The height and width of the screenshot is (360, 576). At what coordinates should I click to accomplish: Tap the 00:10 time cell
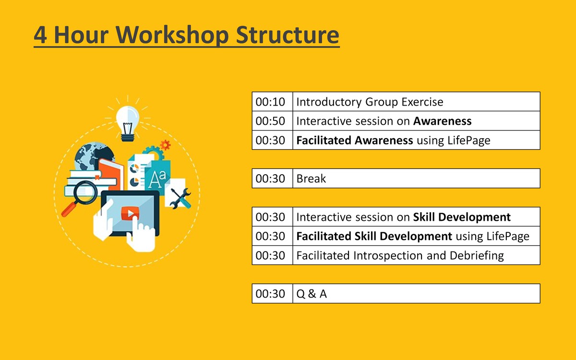pos(272,102)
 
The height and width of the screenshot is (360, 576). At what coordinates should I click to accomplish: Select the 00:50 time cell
pos(272,121)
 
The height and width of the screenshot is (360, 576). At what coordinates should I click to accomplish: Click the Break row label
pos(311,179)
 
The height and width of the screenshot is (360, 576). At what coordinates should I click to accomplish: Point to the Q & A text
pos(312,294)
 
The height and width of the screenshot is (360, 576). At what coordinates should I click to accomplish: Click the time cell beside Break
pos(272,179)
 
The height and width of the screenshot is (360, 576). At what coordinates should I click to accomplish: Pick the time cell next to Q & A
pos(272,294)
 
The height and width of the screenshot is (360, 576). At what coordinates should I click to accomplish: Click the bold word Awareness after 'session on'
pos(442,121)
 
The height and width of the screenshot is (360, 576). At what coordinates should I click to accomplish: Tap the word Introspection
pos(388,255)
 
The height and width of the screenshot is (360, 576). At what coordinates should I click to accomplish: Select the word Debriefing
pos(477,255)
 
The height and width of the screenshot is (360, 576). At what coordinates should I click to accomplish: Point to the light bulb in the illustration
pos(128,123)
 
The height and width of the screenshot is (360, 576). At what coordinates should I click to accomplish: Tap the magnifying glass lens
pos(85,192)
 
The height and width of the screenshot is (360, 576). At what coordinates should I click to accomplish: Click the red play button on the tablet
pos(130,213)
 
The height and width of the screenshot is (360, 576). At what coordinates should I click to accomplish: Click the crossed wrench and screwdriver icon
pos(180,198)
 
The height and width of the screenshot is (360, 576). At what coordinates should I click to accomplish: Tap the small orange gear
pos(165,145)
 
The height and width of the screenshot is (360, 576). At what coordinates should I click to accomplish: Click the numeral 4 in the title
pos(40,35)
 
